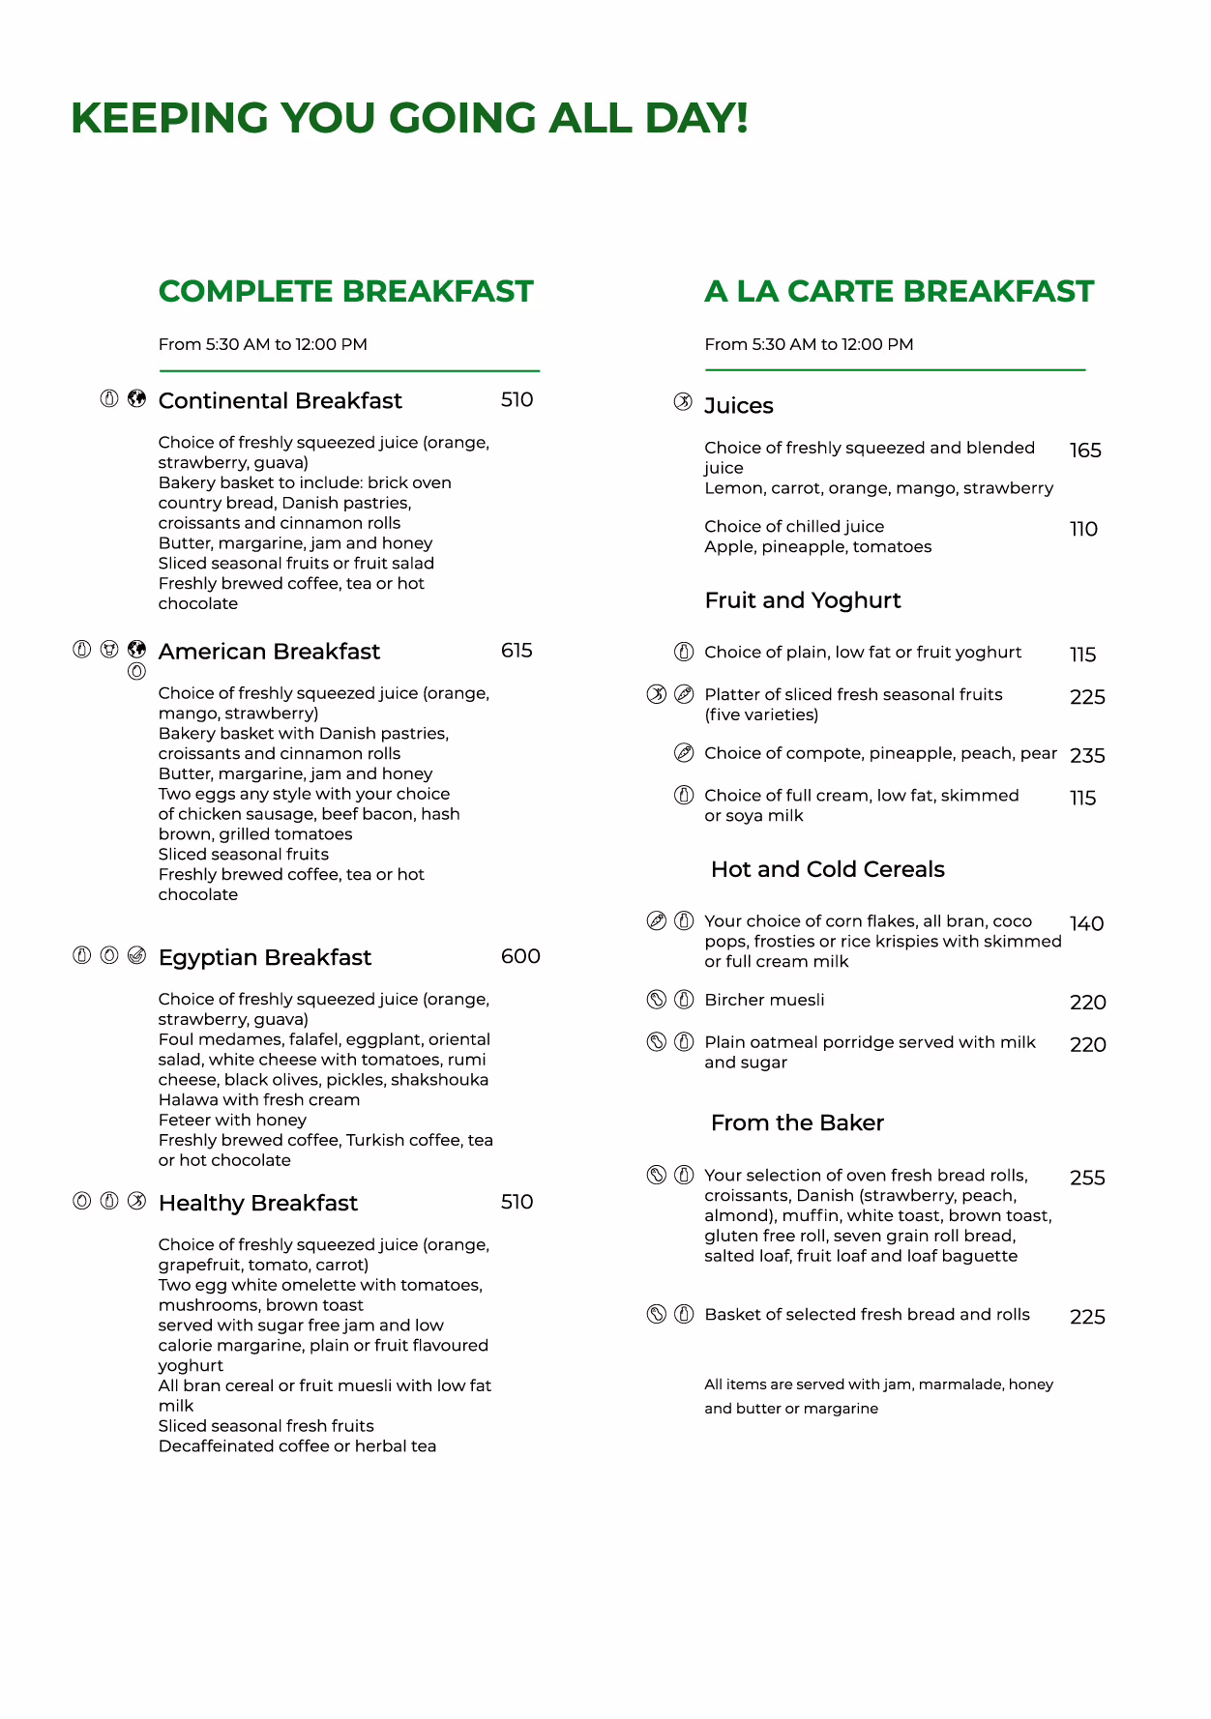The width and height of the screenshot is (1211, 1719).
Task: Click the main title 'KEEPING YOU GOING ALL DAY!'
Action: click(409, 118)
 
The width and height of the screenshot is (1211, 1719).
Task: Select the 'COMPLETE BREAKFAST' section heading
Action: click(345, 291)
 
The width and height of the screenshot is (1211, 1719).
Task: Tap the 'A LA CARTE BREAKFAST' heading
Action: click(899, 291)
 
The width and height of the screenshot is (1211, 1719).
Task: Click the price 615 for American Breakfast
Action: click(517, 651)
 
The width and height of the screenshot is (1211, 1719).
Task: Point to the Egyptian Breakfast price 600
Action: click(520, 956)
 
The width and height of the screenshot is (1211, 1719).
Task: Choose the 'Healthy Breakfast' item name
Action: click(257, 1203)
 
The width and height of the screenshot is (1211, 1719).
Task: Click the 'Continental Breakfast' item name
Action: click(280, 400)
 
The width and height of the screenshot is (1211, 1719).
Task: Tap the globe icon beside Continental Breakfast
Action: click(137, 398)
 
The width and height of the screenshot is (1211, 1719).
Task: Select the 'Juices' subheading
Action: click(738, 405)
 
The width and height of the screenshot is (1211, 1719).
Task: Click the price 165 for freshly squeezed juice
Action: click(1085, 451)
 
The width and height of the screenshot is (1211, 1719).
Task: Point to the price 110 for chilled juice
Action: click(1083, 529)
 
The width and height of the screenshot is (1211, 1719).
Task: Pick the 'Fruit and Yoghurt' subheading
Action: click(802, 600)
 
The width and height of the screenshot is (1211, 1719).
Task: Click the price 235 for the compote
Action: click(1087, 756)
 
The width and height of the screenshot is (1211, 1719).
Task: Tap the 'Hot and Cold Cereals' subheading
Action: click(827, 869)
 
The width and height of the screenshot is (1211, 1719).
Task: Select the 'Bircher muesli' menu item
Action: click(764, 1000)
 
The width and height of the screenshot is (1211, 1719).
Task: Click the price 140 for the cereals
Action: click(1086, 924)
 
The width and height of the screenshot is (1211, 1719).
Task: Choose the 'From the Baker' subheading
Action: click(797, 1122)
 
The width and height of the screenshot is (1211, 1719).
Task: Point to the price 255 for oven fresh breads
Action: click(1087, 1178)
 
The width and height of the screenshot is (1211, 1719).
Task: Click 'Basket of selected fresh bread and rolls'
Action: click(867, 1314)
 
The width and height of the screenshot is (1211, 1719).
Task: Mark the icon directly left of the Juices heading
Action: click(683, 402)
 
